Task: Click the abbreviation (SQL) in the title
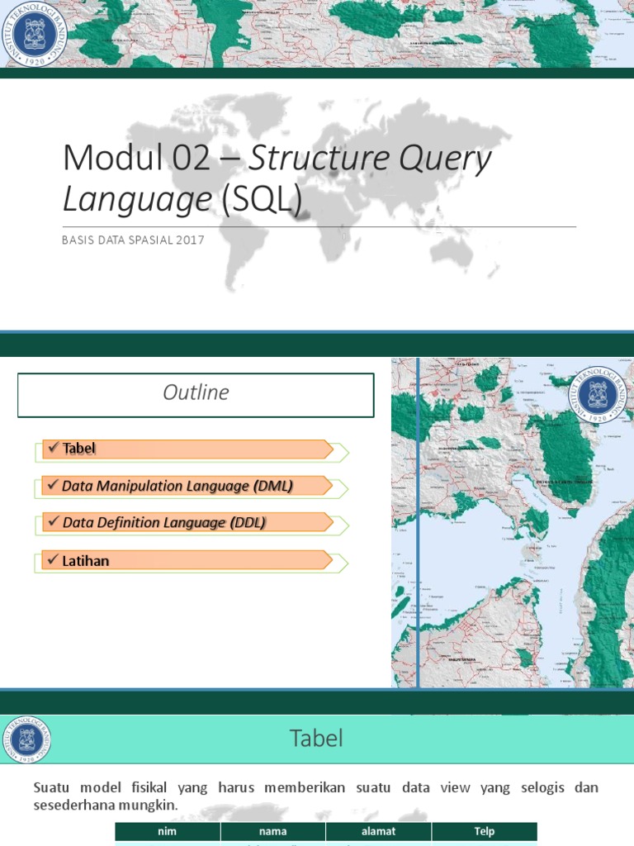(259, 200)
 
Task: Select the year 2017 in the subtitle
(188, 240)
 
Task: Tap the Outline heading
(196, 393)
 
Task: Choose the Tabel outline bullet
(79, 449)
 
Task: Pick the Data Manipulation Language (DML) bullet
(177, 487)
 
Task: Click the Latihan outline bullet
(86, 561)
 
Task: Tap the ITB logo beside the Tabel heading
(27, 739)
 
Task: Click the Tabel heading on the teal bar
(316, 739)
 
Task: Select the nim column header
(168, 831)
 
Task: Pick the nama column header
(272, 831)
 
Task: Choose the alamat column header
(378, 831)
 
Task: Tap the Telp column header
(484, 831)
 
